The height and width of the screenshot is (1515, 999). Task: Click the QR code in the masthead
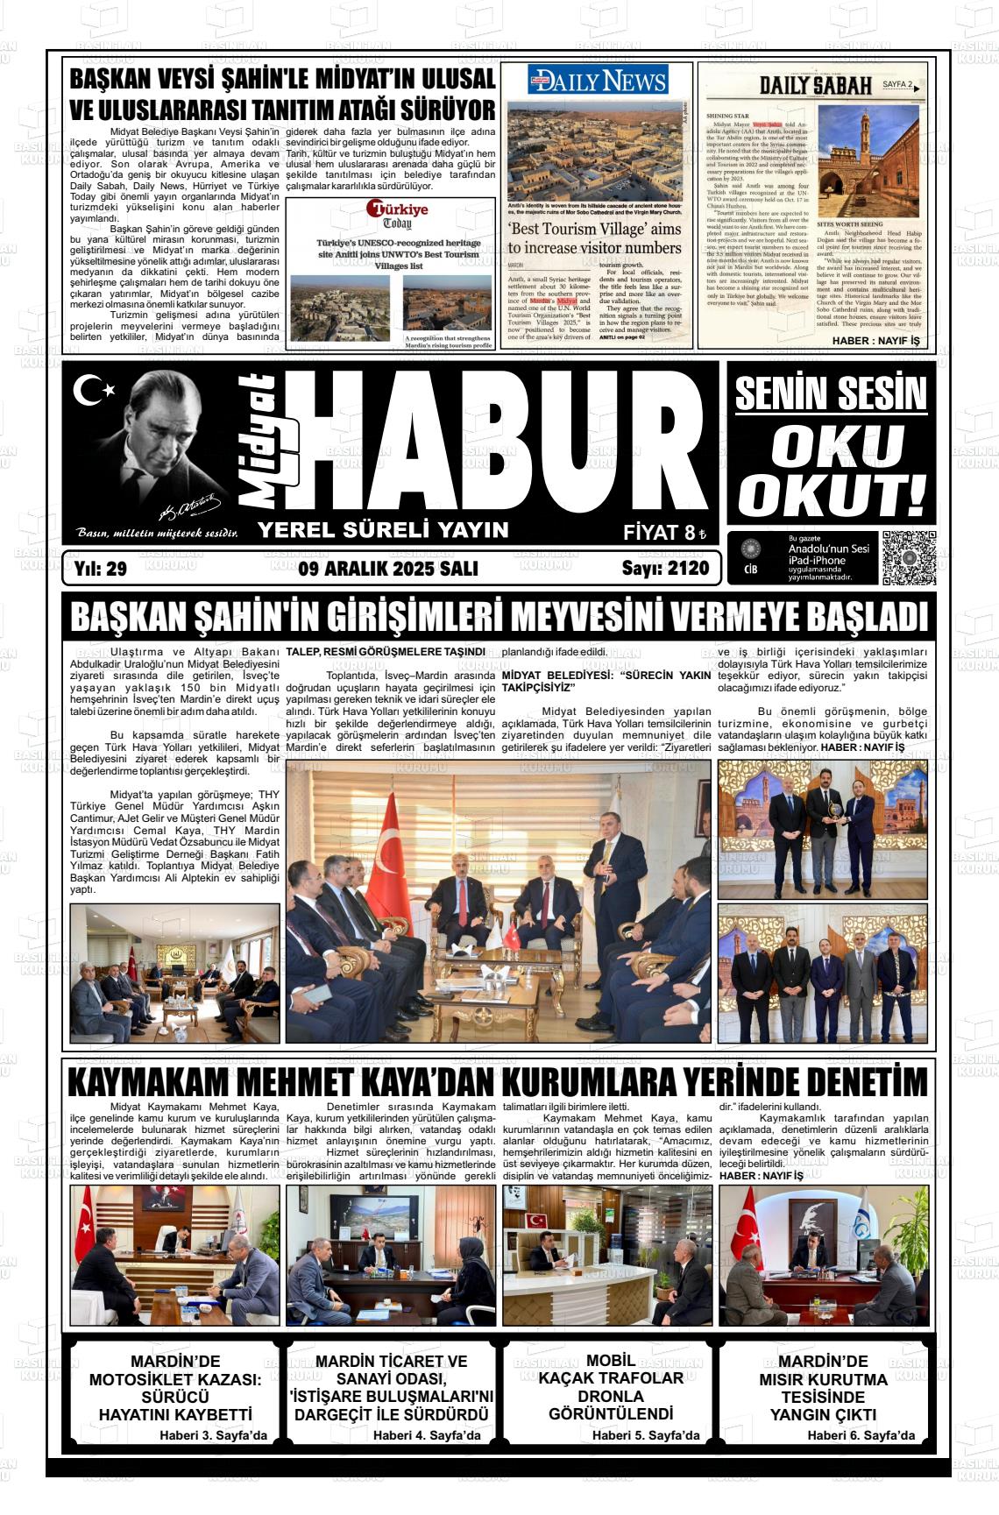908,557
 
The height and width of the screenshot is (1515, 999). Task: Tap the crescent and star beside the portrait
94,390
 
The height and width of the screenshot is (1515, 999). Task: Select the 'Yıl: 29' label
101,569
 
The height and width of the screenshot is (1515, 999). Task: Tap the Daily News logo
599,81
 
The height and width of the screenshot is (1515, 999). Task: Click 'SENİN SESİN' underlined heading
830,394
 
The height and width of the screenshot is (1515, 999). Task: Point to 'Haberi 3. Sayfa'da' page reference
213,1435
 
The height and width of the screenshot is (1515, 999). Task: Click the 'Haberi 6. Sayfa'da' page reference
861,1435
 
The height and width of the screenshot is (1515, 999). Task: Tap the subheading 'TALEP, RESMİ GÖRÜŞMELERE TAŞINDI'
386,652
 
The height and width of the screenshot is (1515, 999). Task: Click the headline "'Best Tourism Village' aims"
594,229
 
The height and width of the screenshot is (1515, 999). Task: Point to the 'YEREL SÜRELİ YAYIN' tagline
382,529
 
